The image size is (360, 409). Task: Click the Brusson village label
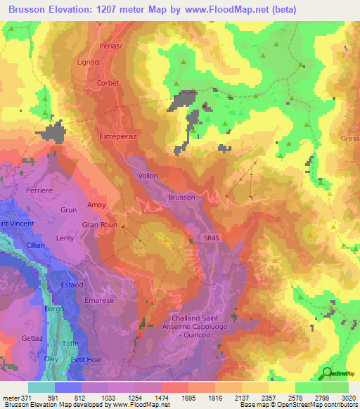click(x=181, y=197)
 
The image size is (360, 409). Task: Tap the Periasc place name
click(x=112, y=45)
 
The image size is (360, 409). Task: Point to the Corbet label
click(x=109, y=83)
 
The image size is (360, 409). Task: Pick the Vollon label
click(x=148, y=176)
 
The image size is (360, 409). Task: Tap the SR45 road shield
click(x=212, y=239)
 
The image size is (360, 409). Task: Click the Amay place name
click(x=96, y=205)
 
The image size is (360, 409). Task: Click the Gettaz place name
click(x=32, y=338)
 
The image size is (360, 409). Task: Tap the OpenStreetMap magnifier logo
click(x=326, y=372)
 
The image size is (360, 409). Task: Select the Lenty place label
click(x=65, y=238)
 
